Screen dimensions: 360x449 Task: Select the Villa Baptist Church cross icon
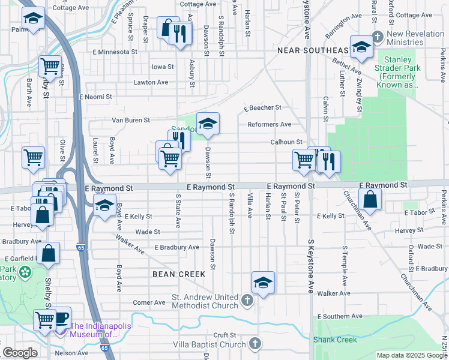pos(255,344)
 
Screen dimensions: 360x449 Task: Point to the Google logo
pos(20,353)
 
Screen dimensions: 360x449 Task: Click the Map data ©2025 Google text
pos(412,355)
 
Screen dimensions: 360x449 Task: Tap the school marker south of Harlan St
pos(263,281)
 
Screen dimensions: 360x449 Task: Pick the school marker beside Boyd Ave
pos(104,206)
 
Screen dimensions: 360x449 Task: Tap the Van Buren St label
pos(131,120)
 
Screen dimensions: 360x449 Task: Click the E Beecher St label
pos(262,108)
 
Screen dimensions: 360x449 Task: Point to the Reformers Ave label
pos(270,125)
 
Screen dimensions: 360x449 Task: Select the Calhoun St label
pos(285,142)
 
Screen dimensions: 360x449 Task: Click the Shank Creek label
pos(335,340)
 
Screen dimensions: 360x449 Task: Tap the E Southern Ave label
pos(340,316)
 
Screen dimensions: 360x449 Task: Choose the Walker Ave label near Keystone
pos(334,293)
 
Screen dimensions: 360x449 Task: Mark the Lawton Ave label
pos(151,82)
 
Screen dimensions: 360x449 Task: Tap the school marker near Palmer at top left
pos(34,19)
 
